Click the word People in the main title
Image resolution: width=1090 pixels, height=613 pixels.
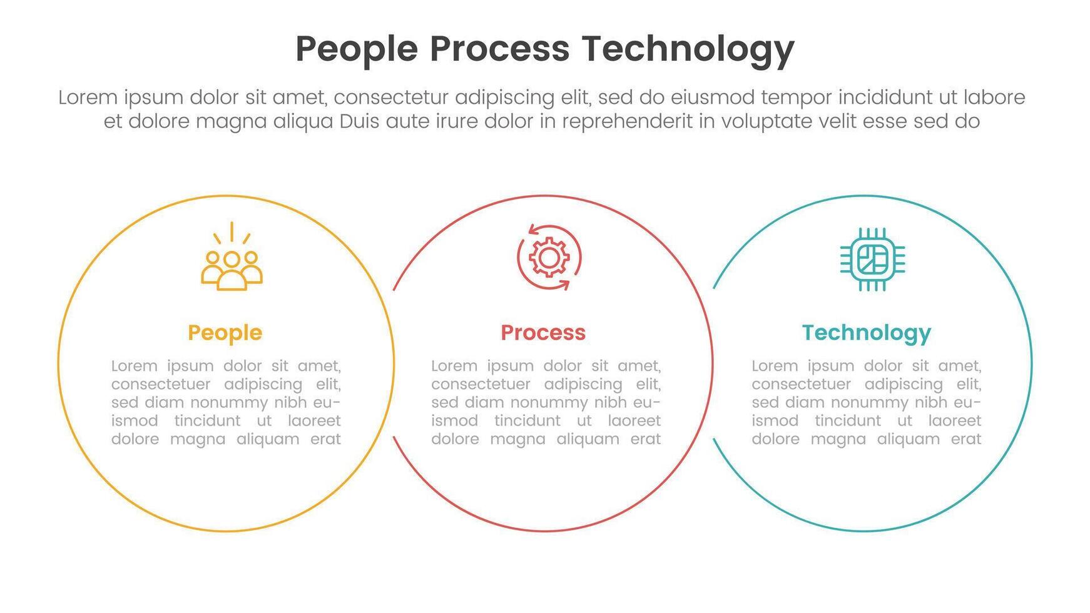point(356,50)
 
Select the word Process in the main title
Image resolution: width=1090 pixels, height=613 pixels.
point(499,49)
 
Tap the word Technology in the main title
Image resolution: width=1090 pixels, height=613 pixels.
point(688,50)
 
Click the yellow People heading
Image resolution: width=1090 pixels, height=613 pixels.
point(225,333)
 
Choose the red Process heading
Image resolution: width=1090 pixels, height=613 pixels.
point(543,332)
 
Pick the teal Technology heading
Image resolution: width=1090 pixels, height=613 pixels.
point(866,333)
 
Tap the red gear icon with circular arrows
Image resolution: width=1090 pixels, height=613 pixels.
point(549,258)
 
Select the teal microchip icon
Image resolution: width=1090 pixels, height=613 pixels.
point(872,259)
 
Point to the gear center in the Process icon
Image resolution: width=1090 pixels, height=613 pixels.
point(549,258)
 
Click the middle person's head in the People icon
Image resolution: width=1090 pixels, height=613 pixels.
point(232,259)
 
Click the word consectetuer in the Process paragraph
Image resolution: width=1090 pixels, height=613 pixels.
point(474,384)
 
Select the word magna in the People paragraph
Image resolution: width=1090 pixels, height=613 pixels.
point(198,439)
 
